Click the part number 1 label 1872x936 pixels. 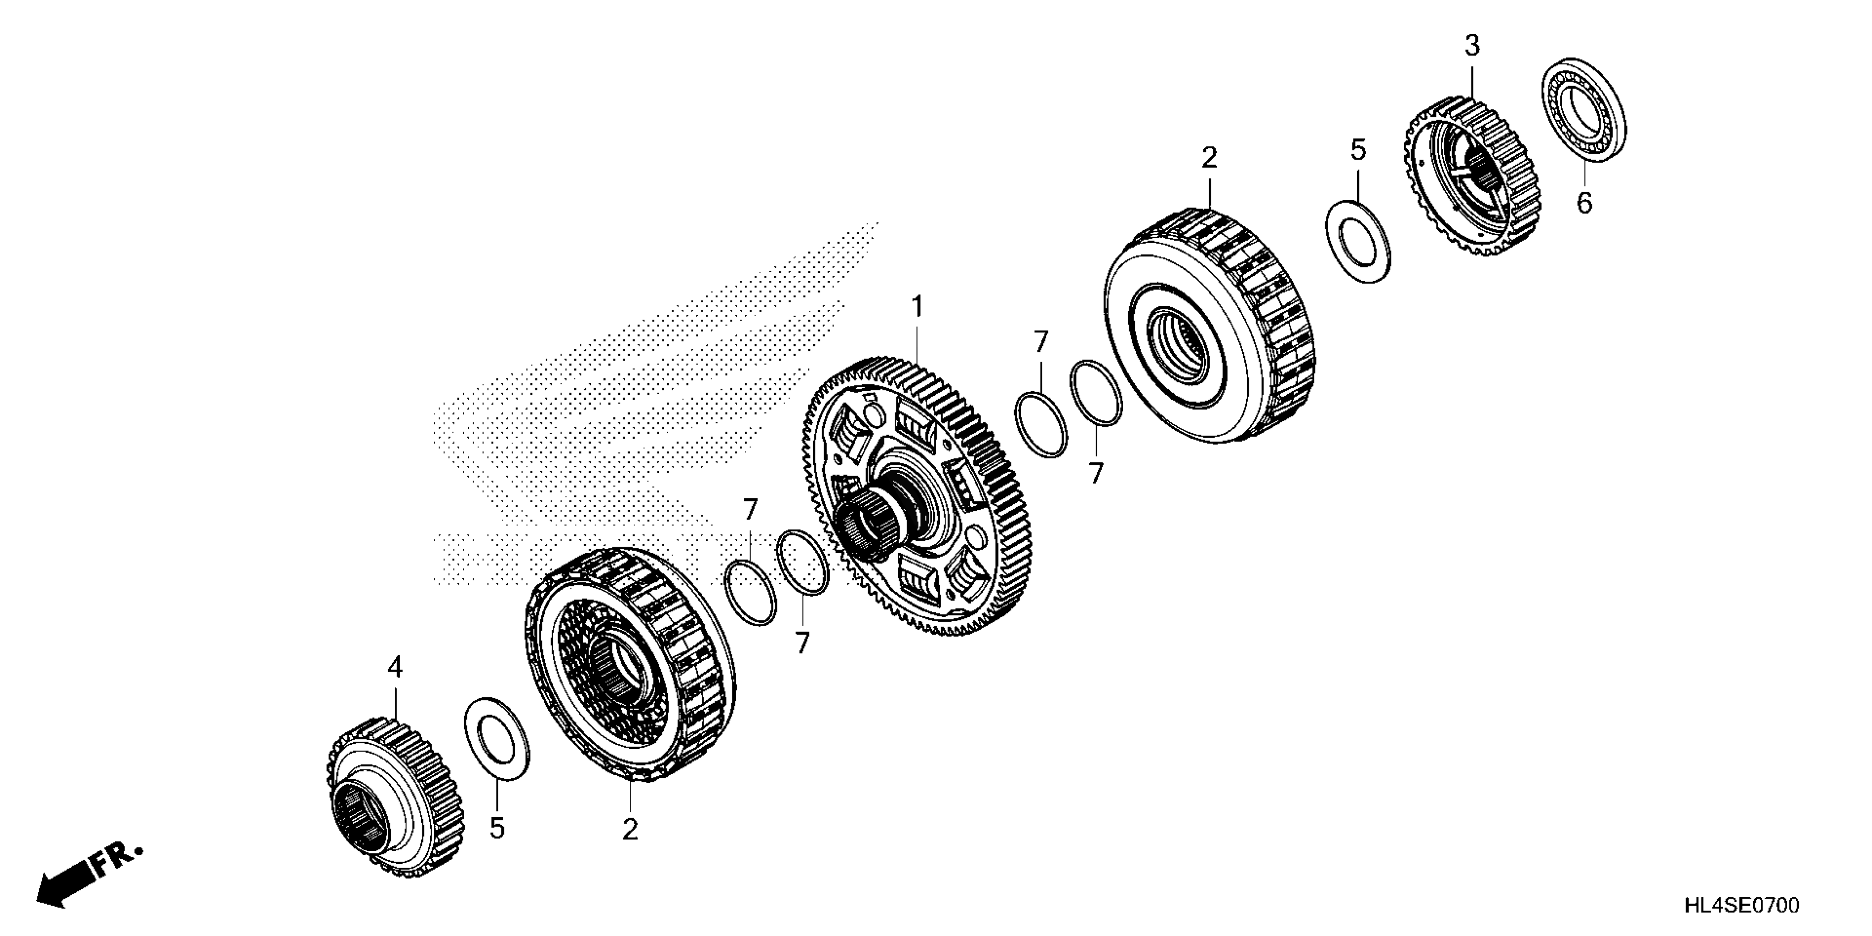coord(917,307)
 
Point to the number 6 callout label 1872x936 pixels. coord(1584,203)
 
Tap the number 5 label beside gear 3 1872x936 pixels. coord(1358,150)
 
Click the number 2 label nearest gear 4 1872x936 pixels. coord(629,829)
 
